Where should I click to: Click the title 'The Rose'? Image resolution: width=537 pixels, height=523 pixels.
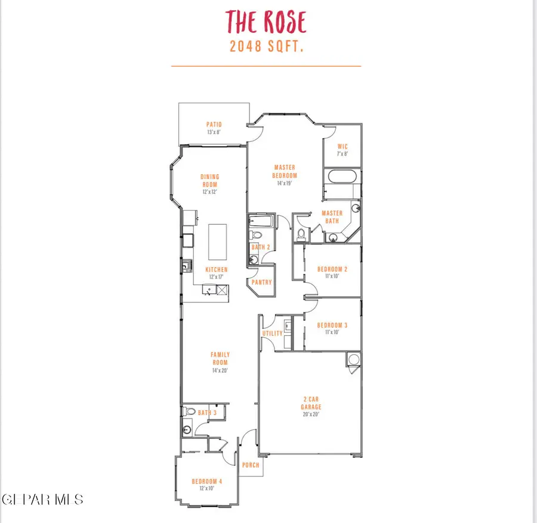(266, 21)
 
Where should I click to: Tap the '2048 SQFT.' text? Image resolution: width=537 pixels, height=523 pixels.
(267, 46)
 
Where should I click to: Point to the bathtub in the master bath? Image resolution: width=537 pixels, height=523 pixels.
(342, 177)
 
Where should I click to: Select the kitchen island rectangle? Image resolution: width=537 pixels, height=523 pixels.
(217, 242)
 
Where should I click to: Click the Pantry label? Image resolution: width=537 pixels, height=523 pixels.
(262, 283)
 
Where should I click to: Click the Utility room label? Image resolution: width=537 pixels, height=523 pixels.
(273, 333)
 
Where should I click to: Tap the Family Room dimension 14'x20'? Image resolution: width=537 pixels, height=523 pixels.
(220, 370)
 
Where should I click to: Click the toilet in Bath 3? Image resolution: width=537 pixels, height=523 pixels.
(189, 411)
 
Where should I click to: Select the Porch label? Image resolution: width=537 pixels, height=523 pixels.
(251, 465)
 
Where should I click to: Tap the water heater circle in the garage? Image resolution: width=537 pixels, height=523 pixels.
(354, 360)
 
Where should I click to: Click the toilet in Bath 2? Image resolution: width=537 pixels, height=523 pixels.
(256, 235)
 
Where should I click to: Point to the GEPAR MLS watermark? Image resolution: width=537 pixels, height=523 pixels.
(42, 499)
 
